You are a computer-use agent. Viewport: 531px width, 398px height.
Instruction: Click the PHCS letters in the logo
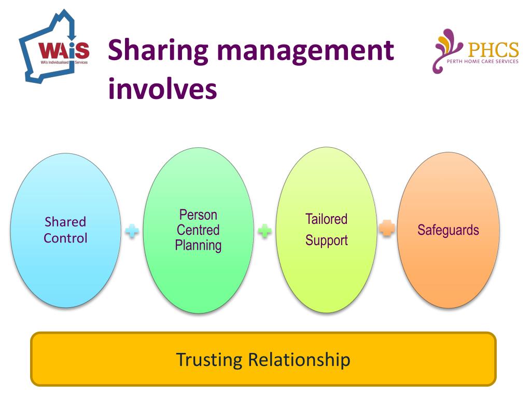click(x=493, y=50)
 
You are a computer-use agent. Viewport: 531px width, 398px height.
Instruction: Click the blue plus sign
click(x=132, y=231)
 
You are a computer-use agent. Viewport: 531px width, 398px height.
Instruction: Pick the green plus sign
click(x=265, y=231)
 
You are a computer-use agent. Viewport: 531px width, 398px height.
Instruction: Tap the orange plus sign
click(x=387, y=229)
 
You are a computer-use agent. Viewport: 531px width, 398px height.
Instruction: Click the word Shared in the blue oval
click(x=65, y=222)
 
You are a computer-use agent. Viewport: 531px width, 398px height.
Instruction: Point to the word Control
click(x=65, y=238)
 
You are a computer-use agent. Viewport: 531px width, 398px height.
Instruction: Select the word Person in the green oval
click(x=198, y=215)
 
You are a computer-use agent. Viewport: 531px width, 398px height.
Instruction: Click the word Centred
click(x=198, y=230)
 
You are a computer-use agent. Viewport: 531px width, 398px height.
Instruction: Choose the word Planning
click(x=198, y=245)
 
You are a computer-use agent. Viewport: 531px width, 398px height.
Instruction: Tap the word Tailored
click(x=326, y=219)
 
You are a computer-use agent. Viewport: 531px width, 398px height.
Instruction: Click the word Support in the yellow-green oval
click(x=326, y=240)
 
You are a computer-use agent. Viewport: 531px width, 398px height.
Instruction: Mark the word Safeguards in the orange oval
click(x=448, y=230)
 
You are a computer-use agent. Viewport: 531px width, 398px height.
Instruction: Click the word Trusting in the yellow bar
click(x=209, y=359)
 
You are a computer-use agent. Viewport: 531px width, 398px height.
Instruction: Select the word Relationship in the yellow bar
click(x=299, y=359)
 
